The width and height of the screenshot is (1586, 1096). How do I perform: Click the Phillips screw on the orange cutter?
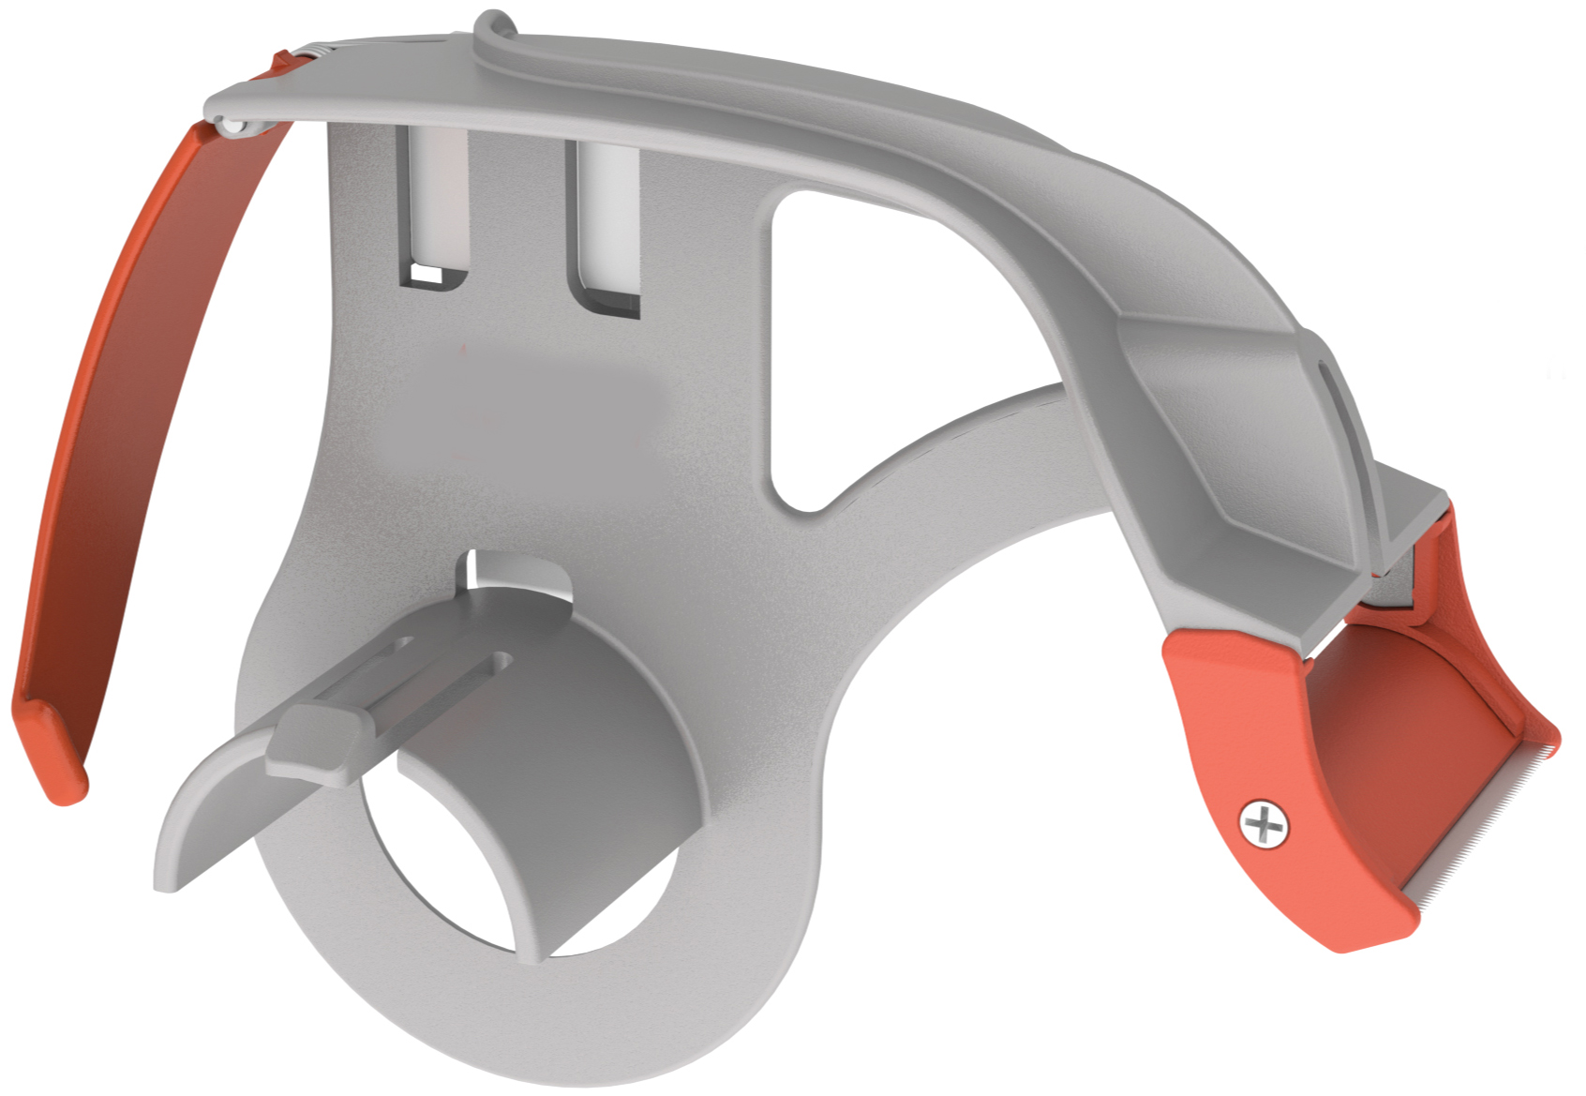tap(1264, 825)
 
